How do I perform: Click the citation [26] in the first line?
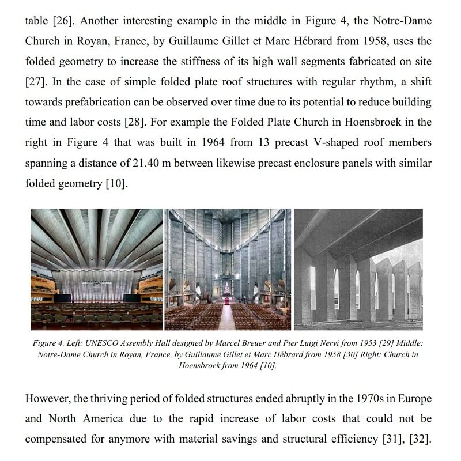(x=62, y=21)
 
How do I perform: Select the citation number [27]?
(x=36, y=82)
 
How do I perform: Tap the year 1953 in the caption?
(x=363, y=343)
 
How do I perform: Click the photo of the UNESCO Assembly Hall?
(x=96, y=269)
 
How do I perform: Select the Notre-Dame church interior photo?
(x=228, y=269)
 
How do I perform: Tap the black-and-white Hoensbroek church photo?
(x=358, y=269)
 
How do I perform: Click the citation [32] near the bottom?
(x=420, y=439)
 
